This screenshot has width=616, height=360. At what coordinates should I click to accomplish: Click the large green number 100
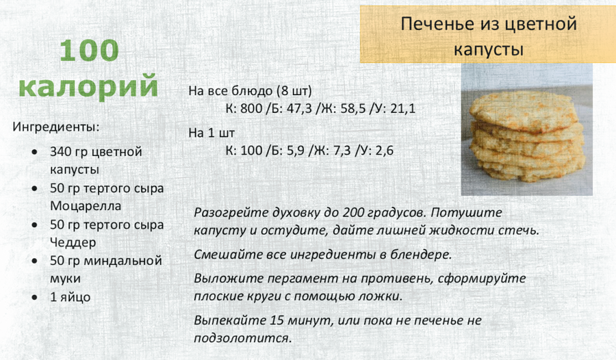[x=89, y=51]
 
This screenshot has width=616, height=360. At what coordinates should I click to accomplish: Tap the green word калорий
[x=88, y=86]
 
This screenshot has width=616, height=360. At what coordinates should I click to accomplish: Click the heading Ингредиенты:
[x=56, y=127]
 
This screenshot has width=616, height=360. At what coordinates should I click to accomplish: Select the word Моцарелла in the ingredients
[x=86, y=206]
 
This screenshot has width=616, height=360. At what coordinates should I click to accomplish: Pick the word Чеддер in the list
[x=73, y=242]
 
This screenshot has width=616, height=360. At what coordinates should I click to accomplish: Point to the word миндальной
[x=123, y=261]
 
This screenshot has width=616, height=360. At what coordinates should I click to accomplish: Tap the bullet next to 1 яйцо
[x=35, y=298]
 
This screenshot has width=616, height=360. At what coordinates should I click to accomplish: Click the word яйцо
[x=75, y=298]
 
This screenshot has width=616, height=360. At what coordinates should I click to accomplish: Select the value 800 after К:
[x=251, y=108]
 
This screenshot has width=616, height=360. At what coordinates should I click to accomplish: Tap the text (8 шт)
[x=294, y=91]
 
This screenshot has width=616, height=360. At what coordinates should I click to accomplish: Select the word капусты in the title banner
[x=489, y=51]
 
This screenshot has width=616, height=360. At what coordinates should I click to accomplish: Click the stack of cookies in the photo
[x=527, y=138]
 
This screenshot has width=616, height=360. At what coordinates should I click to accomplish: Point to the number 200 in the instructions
[x=355, y=213]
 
